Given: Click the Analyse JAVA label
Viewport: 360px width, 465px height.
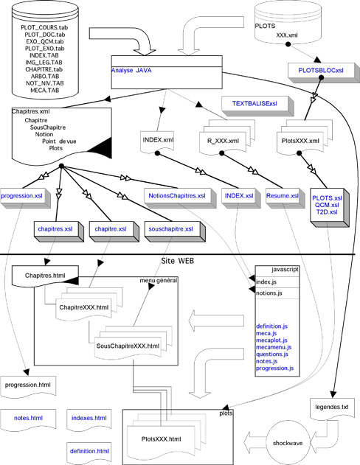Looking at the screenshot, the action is pyautogui.click(x=131, y=71).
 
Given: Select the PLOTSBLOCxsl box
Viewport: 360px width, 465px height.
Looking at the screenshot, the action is pyautogui.click(x=322, y=72).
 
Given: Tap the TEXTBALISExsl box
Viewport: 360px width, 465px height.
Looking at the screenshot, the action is pyautogui.click(x=257, y=105).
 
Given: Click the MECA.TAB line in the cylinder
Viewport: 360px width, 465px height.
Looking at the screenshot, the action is pyautogui.click(x=45, y=90).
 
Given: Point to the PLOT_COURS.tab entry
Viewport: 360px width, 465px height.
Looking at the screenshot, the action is pyautogui.click(x=44, y=27).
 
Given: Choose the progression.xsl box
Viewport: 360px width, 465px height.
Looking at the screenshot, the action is pyautogui.click(x=25, y=197).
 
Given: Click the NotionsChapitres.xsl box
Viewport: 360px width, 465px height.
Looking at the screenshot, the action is pyautogui.click(x=179, y=197).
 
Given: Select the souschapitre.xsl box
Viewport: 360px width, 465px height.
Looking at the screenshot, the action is pyautogui.click(x=175, y=231).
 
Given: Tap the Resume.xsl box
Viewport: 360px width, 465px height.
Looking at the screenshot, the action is pyautogui.click(x=285, y=197).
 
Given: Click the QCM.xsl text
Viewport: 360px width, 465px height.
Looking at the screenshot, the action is pyautogui.click(x=327, y=205).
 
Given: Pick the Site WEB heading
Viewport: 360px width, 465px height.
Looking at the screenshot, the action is pyautogui.click(x=178, y=261).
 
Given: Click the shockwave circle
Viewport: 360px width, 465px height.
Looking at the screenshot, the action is pyautogui.click(x=287, y=443).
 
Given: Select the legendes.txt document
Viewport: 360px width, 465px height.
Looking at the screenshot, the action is pyautogui.click(x=332, y=409).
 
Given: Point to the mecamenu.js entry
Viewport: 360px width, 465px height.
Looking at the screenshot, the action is pyautogui.click(x=274, y=347).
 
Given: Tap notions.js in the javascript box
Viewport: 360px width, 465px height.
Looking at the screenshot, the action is pyautogui.click(x=269, y=293).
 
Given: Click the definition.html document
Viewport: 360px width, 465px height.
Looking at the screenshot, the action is pyautogui.click(x=89, y=452).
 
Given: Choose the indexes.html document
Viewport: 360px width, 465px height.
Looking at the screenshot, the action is pyautogui.click(x=89, y=420).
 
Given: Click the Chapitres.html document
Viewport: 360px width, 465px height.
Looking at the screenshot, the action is pyautogui.click(x=45, y=276).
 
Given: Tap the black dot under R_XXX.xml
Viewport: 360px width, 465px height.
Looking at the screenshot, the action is pyautogui.click(x=221, y=153).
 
